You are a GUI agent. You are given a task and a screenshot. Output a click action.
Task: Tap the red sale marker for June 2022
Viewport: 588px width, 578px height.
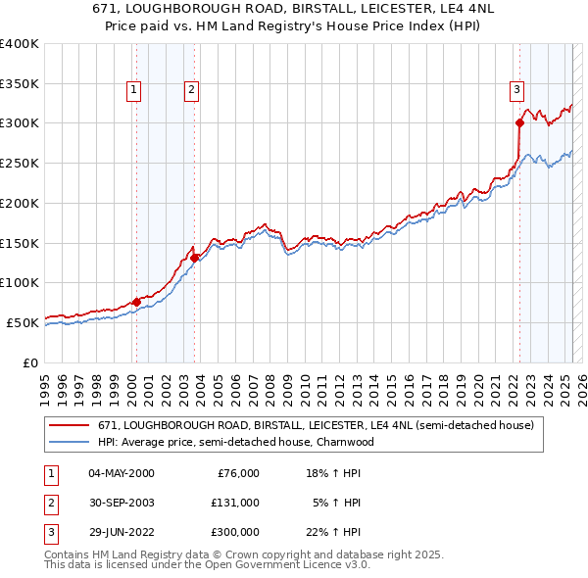pyautogui.click(x=519, y=122)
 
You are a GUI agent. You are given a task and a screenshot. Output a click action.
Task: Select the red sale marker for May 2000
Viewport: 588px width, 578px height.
pyautogui.click(x=136, y=302)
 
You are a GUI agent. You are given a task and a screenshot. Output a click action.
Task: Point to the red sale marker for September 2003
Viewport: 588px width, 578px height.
pyautogui.click(x=195, y=258)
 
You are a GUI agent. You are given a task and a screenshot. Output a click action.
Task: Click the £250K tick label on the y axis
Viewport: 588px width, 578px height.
pyautogui.click(x=19, y=163)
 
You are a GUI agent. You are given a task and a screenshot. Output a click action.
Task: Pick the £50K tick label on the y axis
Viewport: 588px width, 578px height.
pyautogui.click(x=23, y=322)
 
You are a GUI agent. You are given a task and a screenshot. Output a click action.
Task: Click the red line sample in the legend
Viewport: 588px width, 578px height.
pyautogui.click(x=70, y=426)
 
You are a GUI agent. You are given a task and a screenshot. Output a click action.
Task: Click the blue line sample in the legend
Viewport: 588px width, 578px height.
pyautogui.click(x=70, y=442)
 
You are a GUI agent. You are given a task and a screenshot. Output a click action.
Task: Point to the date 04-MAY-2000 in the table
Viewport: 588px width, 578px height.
pyautogui.click(x=121, y=473)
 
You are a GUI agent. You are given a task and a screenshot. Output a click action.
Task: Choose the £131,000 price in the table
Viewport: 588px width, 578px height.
pyautogui.click(x=234, y=503)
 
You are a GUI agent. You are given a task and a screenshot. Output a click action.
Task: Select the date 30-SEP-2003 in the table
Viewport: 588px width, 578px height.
pyautogui.click(x=121, y=503)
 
